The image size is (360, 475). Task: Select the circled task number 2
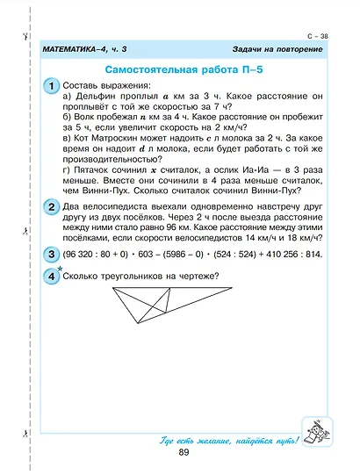[52, 207]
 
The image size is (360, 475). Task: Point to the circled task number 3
[52, 255]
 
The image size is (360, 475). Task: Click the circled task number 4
[52, 277]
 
